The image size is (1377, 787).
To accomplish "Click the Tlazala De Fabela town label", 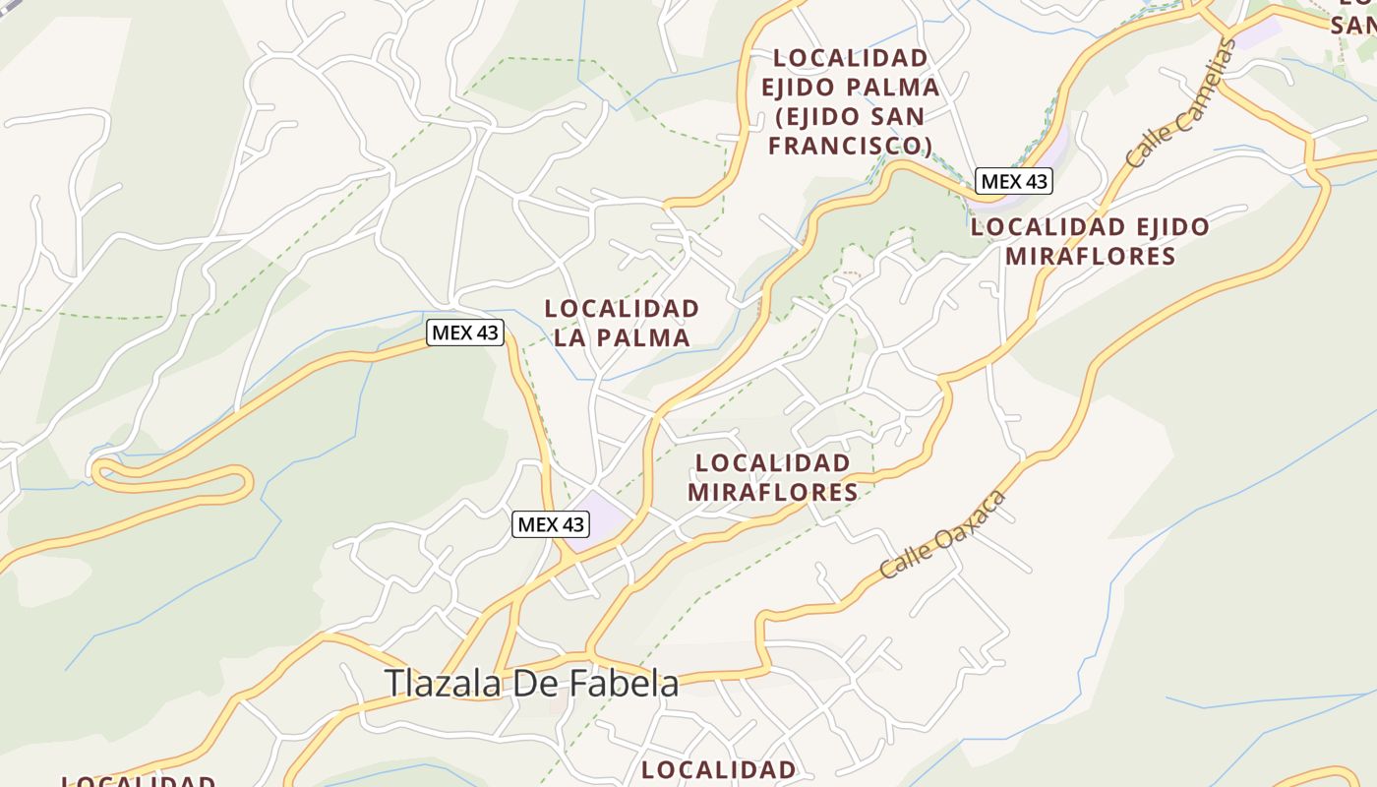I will click(531, 684).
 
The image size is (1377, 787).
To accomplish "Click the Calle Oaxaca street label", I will click(943, 534).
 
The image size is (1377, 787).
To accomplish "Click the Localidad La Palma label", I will click(622, 323).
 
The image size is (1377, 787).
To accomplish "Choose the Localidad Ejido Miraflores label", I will click(1090, 241).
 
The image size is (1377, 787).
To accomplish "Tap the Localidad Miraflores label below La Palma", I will click(772, 477).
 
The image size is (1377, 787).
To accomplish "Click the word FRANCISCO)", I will click(850, 146).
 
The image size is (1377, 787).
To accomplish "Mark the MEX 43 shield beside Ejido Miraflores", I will click(1014, 181).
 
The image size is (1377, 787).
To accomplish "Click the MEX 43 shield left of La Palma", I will click(465, 333).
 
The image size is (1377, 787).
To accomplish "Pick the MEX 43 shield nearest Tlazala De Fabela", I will click(551, 524).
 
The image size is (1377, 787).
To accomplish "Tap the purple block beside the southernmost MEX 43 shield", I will click(603, 518).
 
